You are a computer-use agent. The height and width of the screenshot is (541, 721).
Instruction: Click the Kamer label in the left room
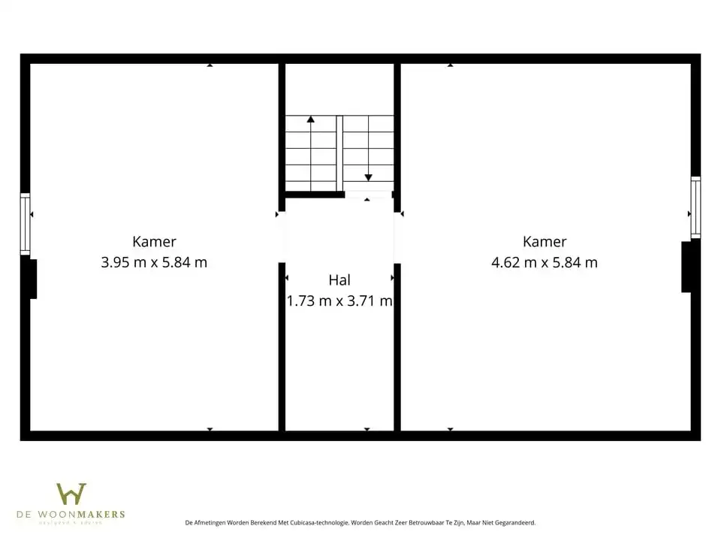click(x=154, y=241)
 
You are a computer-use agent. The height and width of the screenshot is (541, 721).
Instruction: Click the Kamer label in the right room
click(x=545, y=241)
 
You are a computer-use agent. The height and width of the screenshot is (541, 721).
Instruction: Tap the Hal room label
click(x=339, y=280)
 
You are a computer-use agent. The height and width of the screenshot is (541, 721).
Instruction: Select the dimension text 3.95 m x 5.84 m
click(x=154, y=262)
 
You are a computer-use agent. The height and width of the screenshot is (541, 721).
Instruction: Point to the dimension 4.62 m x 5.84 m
click(x=545, y=262)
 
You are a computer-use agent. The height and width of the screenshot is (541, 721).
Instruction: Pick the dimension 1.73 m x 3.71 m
click(x=339, y=301)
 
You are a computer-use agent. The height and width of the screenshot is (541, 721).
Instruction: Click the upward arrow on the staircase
click(x=310, y=119)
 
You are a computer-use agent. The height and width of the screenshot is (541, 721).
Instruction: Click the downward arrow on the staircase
click(x=368, y=177)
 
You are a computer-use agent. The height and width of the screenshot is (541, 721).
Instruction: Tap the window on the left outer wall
click(x=25, y=223)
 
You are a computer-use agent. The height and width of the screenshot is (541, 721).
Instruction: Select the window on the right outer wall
click(x=695, y=207)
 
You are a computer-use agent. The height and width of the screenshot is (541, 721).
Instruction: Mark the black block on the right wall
click(x=686, y=266)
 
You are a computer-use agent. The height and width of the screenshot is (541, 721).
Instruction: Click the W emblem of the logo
click(x=71, y=494)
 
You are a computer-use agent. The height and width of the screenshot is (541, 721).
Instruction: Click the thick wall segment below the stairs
click(x=314, y=195)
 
